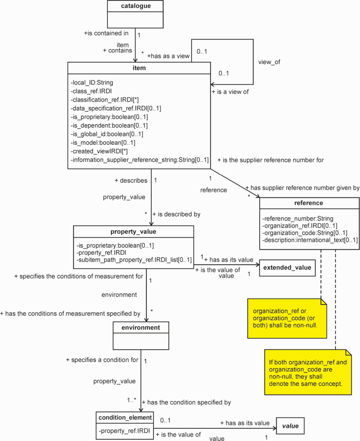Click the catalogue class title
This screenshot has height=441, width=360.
136,6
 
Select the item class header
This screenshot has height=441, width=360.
139,68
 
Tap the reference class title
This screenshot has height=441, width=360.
309,203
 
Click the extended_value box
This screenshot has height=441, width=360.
287,268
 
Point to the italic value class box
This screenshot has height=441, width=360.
290,426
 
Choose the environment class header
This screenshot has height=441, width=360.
141,328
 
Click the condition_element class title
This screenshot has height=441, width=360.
125,418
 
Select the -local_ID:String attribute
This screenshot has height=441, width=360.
92,82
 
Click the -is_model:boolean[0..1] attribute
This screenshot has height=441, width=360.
103,143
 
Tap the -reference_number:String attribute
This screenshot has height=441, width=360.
298,219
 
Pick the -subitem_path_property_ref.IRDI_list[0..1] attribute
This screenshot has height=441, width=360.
134,260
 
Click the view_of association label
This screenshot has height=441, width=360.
269,62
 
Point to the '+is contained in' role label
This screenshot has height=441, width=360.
106,33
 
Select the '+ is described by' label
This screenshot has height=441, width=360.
176,214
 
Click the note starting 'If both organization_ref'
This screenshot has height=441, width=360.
308,373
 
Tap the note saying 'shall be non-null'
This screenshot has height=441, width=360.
287,319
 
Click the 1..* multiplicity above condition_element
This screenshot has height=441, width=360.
132,400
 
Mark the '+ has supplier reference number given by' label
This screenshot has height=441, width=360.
303,188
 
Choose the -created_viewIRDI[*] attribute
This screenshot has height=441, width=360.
99,151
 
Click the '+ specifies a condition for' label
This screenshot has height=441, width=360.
102,360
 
